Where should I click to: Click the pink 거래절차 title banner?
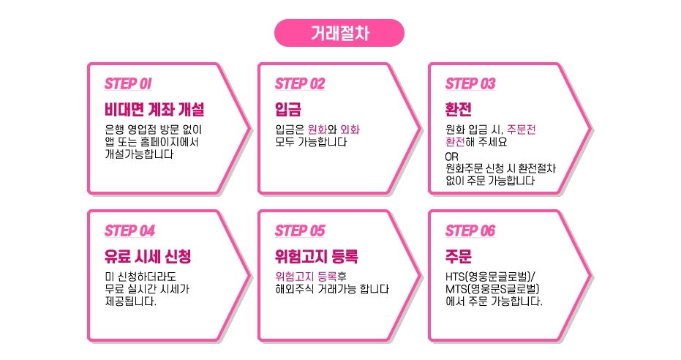coord(339,33)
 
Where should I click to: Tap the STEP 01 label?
coord(128,83)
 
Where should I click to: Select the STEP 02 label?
coord(299,83)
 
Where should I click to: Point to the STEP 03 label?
coord(470,83)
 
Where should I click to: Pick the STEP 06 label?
coord(470,230)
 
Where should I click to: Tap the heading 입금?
coord(288,110)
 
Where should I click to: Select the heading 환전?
coord(459,110)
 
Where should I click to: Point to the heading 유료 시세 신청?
coord(148,258)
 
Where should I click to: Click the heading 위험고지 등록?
coord(317,258)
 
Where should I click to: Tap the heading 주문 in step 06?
coord(459,258)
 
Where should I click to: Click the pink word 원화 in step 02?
coord(317,130)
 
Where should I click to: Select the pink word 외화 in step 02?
coord(350,130)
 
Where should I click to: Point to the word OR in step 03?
coord(452,157)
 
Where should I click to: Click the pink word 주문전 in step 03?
coord(521,130)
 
